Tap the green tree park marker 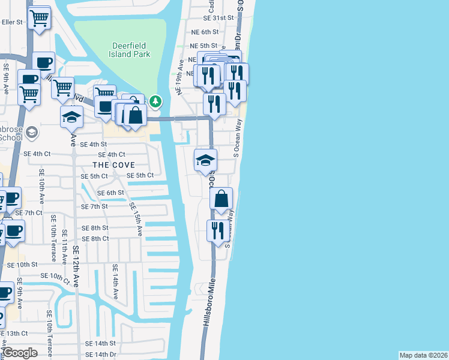click(x=155, y=101)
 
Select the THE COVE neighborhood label click(x=113, y=165)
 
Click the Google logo click(x=20, y=353)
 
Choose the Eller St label click(x=12, y=22)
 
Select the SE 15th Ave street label click(x=136, y=218)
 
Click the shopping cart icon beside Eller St click(x=40, y=18)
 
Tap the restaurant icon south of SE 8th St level click(x=217, y=230)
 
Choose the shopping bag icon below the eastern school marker click(x=221, y=199)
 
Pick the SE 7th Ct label click(x=29, y=213)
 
